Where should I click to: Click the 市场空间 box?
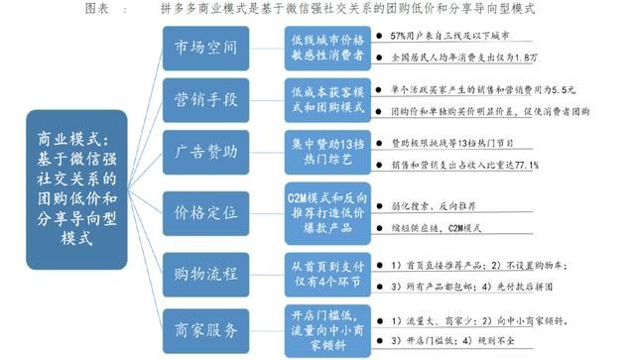(x=207, y=47)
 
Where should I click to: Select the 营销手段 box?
(x=207, y=100)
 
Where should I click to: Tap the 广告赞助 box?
(x=207, y=153)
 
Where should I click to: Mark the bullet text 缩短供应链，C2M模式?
(x=442, y=226)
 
